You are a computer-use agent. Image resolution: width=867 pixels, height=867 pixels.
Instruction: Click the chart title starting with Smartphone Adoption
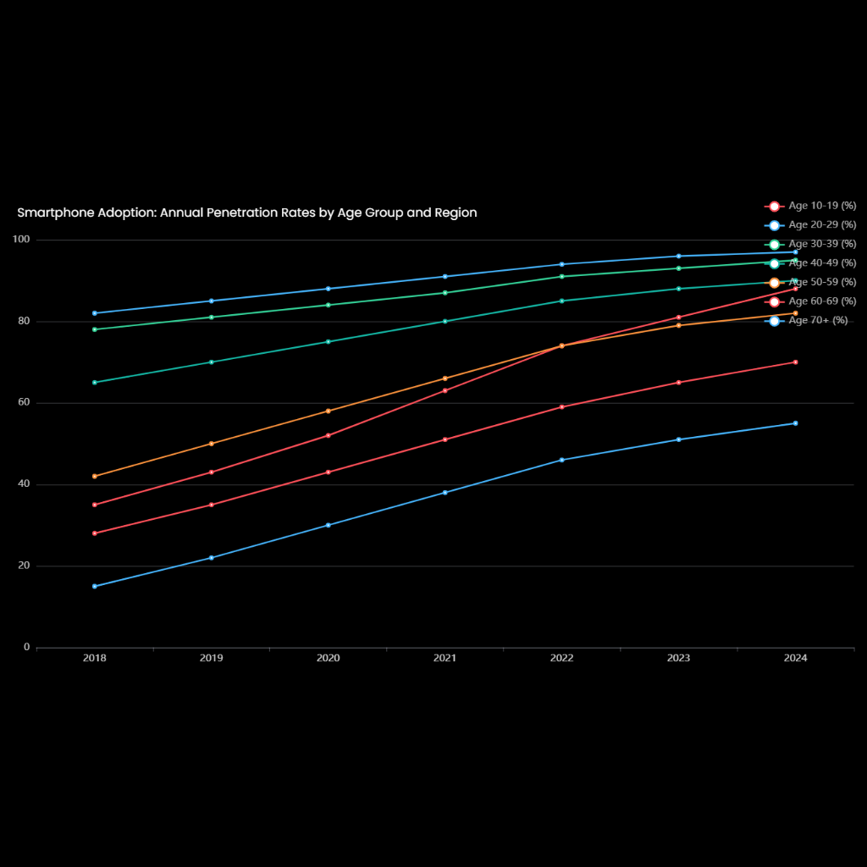246,213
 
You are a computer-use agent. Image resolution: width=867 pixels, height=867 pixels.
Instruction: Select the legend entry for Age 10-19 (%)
810,206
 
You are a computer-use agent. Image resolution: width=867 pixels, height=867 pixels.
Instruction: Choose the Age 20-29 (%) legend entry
810,225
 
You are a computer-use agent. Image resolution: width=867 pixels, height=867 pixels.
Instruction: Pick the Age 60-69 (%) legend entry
810,301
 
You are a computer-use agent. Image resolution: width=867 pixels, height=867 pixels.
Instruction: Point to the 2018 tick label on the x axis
95,659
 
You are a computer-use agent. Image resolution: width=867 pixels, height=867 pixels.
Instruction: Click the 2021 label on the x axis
445,659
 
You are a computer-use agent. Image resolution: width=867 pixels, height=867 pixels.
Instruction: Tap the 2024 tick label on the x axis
795,659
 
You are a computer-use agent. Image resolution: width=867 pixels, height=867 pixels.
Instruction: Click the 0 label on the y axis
26,648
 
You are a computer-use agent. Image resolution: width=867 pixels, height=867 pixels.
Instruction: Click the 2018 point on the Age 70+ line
95,586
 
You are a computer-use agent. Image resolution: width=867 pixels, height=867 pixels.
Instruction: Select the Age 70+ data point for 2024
795,423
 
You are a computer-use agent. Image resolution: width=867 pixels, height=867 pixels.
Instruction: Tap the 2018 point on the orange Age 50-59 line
95,476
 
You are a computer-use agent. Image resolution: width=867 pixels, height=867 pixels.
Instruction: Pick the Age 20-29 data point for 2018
95,313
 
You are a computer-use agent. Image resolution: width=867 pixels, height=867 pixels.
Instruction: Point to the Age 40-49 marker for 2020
329,341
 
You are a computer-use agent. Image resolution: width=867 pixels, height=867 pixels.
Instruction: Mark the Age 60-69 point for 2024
795,362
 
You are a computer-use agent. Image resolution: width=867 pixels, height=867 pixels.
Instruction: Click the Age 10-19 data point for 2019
212,472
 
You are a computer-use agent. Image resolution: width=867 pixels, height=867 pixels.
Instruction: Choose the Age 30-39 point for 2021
445,293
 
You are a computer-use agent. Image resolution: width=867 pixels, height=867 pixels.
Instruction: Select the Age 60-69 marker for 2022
561,406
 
